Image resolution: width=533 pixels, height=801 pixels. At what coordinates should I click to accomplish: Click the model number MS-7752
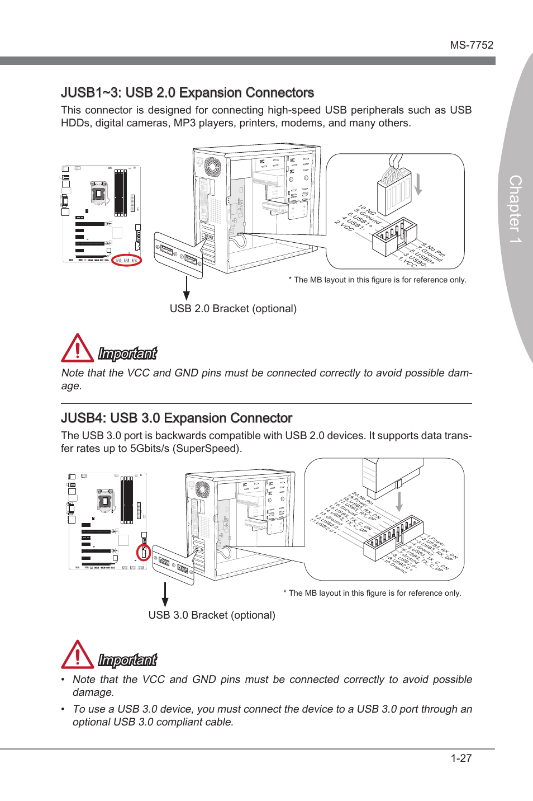click(x=472, y=45)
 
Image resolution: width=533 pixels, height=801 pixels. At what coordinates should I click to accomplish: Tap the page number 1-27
click(x=461, y=758)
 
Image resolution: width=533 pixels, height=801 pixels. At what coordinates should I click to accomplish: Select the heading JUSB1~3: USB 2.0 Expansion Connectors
click(x=187, y=93)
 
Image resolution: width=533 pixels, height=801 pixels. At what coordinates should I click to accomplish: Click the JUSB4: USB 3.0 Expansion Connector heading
click(x=177, y=418)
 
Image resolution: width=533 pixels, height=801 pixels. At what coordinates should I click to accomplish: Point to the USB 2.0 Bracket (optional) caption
click(x=233, y=309)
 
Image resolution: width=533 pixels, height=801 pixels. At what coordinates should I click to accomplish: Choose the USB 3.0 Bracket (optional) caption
click(x=212, y=615)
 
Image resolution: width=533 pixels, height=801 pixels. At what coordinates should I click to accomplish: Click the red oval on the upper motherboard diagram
click(x=127, y=260)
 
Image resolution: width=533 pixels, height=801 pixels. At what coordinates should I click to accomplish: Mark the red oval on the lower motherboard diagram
click(x=144, y=553)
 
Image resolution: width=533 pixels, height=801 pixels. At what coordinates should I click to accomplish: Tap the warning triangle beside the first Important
click(x=77, y=348)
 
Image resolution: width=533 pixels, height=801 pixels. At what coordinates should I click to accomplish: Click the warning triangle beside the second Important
click(x=77, y=655)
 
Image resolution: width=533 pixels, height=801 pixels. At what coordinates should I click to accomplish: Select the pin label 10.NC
click(x=367, y=210)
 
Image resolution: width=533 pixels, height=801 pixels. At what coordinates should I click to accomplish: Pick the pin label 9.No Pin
click(x=434, y=249)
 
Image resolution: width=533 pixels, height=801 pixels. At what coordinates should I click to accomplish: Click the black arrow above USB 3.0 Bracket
click(x=165, y=594)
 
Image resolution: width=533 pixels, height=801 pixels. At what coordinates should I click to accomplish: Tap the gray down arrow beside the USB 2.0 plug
click(x=418, y=184)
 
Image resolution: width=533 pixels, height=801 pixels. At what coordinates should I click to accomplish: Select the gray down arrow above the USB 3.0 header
click(x=399, y=501)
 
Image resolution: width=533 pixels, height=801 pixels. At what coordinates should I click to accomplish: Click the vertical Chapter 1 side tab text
click(x=515, y=209)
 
